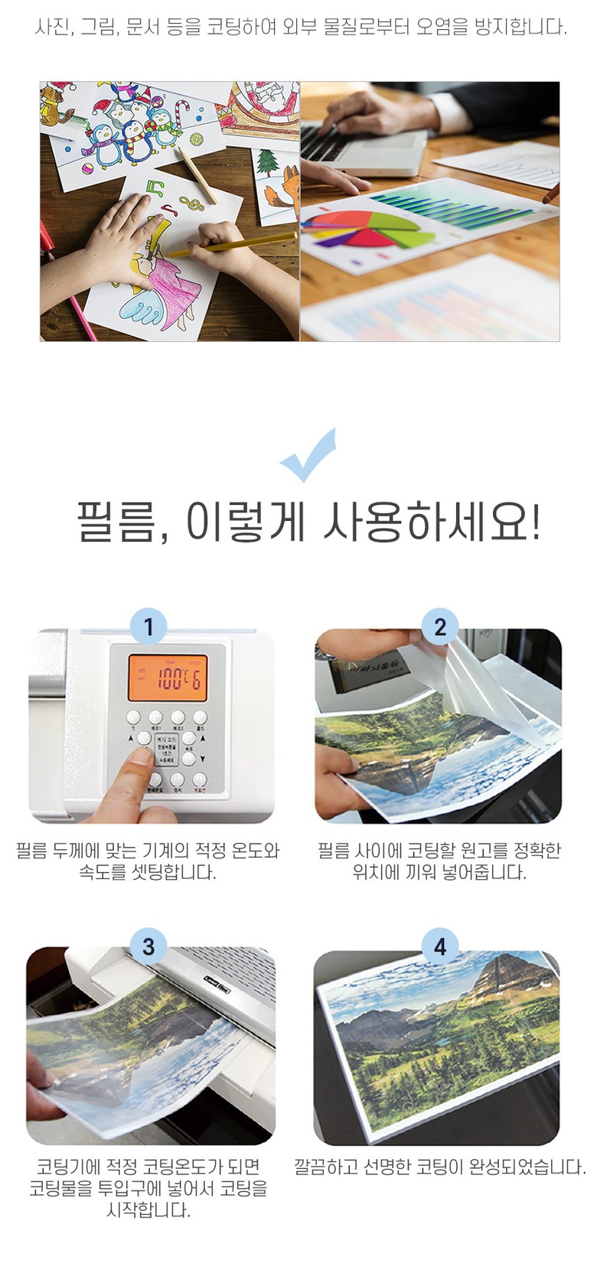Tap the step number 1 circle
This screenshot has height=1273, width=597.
click(x=148, y=627)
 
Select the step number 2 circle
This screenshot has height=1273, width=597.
click(x=440, y=627)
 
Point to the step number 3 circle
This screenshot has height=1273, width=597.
click(x=148, y=946)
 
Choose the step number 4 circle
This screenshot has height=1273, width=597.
click(x=440, y=946)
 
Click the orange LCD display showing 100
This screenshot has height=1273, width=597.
click(x=168, y=678)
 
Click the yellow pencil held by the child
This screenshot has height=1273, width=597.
click(x=233, y=243)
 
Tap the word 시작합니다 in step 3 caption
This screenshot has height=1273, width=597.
click(x=148, y=1210)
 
